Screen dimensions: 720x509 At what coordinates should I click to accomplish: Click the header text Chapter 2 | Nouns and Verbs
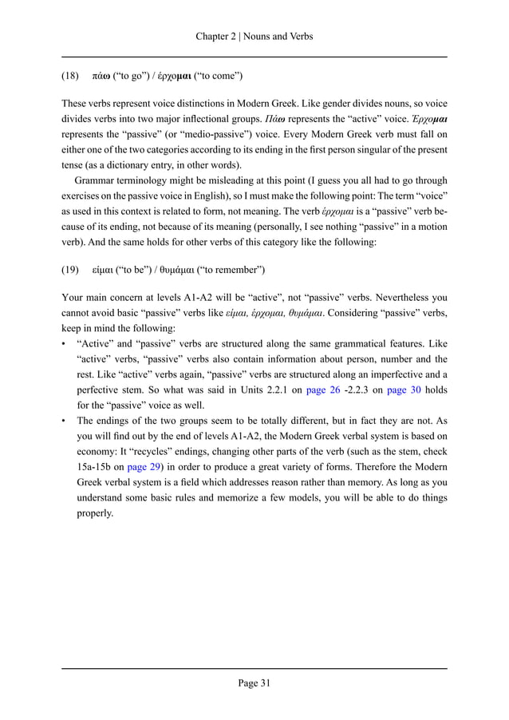pyautogui.click(x=254, y=36)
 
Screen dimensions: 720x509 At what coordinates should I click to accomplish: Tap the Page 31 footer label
pyautogui.click(x=254, y=682)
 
